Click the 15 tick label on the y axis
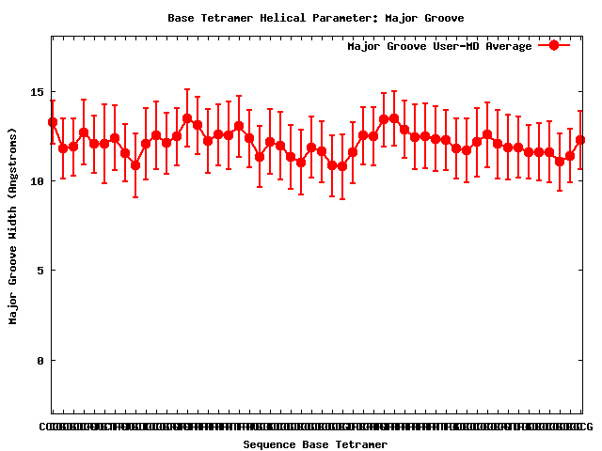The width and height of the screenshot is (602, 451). [x=36, y=92]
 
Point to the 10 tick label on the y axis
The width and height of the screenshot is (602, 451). [x=36, y=181]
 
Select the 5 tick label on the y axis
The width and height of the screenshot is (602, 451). [x=40, y=271]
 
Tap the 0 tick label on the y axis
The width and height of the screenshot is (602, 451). [x=40, y=360]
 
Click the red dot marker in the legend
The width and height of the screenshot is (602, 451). [x=554, y=45]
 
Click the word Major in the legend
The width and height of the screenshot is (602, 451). [x=364, y=46]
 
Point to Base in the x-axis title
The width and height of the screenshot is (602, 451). [x=317, y=444]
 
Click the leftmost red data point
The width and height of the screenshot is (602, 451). [x=53, y=122]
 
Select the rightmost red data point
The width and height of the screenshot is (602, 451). [x=580, y=140]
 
